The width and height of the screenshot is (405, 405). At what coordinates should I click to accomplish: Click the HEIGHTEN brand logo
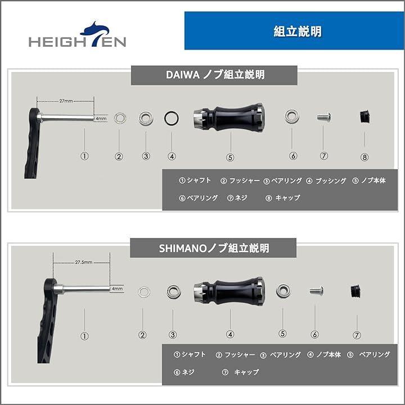point(78,35)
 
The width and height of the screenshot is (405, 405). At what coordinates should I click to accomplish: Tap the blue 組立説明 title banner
point(294,30)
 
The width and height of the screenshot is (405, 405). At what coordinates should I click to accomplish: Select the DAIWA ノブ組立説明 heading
point(214,75)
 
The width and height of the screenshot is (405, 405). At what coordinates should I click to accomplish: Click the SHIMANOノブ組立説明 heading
point(213,248)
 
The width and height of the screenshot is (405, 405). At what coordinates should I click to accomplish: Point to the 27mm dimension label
point(66,101)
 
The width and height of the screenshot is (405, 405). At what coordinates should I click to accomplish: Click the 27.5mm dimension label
point(84,262)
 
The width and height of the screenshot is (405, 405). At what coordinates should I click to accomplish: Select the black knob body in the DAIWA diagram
point(229,118)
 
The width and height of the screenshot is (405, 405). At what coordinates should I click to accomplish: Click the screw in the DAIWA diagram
point(324,117)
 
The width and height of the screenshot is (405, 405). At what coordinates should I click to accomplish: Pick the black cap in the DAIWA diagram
point(364,117)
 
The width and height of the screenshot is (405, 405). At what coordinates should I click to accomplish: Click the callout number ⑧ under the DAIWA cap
point(364,157)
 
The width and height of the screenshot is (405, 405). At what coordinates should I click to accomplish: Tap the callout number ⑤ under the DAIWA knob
point(230,157)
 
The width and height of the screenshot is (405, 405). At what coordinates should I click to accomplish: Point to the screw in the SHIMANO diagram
point(316,291)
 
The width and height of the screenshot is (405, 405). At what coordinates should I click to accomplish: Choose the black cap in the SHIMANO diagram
point(355,291)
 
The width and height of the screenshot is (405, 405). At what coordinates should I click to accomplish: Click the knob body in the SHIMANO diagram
point(229,291)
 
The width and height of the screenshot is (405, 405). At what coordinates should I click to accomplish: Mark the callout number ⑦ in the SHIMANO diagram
point(357,335)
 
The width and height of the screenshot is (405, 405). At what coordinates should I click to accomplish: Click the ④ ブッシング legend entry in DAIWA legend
point(326,181)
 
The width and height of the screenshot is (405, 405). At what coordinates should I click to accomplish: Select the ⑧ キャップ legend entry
point(283,198)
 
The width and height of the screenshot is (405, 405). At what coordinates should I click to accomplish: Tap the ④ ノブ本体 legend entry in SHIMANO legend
point(324,354)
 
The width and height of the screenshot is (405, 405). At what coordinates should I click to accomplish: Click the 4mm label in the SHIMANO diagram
point(117,289)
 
